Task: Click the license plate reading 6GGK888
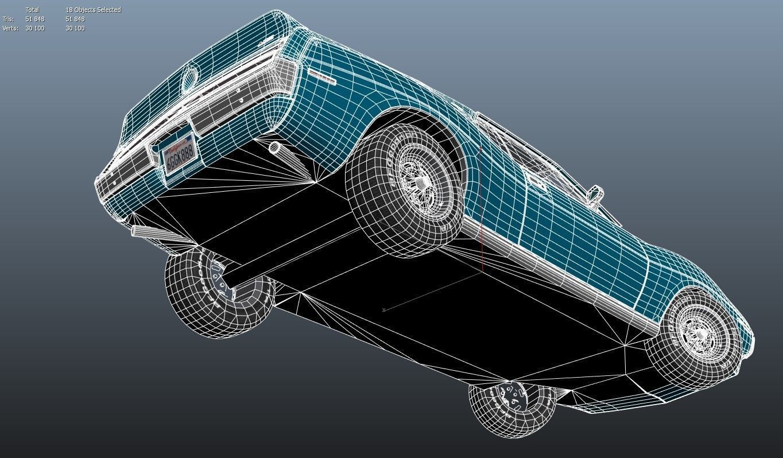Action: [180, 154]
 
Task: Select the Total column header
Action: [32, 10]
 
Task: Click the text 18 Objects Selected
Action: [93, 10]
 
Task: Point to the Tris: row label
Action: [8, 19]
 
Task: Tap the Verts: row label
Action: [10, 28]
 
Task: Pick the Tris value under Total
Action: [34, 19]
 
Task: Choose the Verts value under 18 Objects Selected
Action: [75, 28]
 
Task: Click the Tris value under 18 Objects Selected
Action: [75, 19]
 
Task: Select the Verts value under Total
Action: [34, 28]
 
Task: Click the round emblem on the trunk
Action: [189, 79]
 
